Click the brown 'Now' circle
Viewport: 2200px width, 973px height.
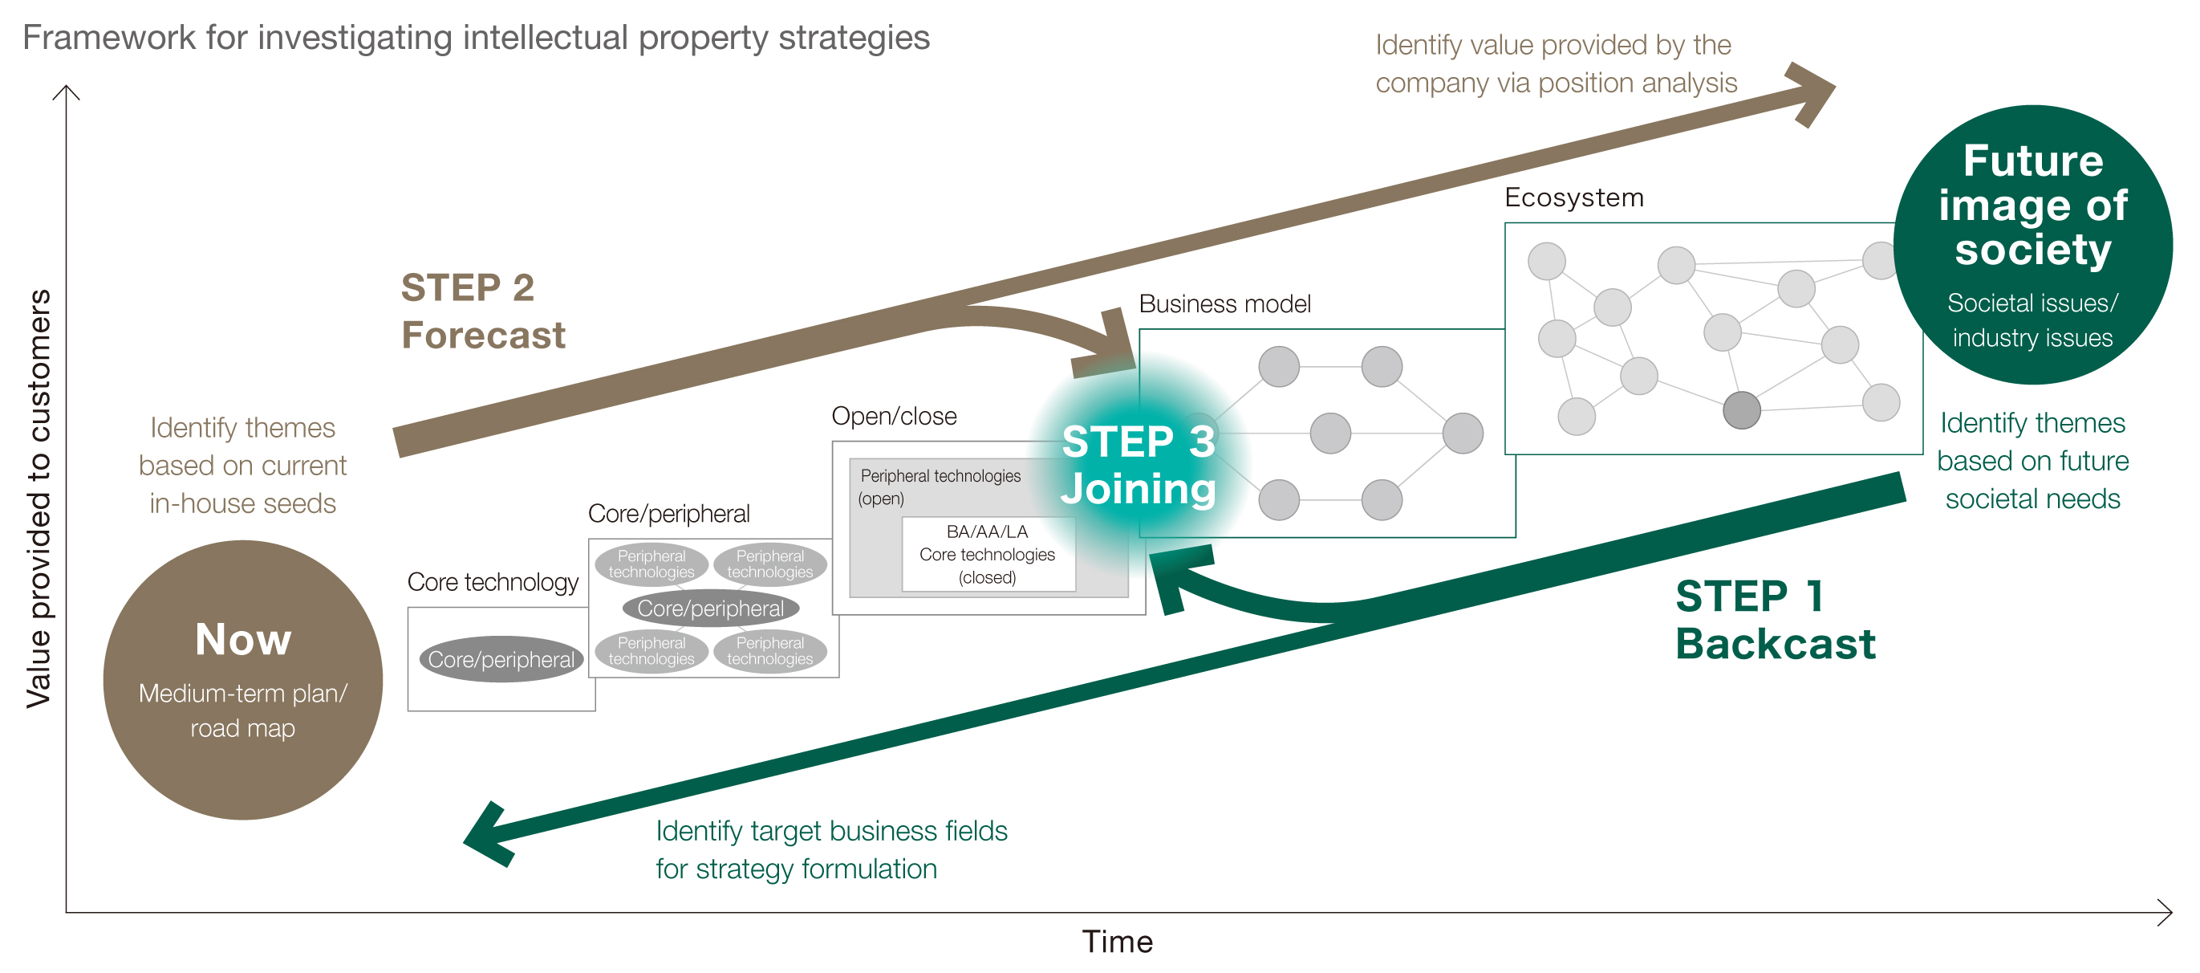[x=242, y=679]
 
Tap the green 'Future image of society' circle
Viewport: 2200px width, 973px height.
[x=2032, y=244]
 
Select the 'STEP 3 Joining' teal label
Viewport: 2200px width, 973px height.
[x=1138, y=466]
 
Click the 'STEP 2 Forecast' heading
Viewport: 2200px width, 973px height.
[x=482, y=311]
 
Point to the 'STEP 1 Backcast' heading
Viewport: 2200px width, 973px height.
[x=1774, y=619]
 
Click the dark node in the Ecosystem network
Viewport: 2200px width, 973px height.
[x=1741, y=410]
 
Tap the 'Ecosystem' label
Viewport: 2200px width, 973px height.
[x=1573, y=197]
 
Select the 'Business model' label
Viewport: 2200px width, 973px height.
[x=1224, y=304]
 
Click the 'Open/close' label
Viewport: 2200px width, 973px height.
[x=893, y=416]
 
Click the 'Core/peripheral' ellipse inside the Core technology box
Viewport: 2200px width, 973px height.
[x=501, y=659]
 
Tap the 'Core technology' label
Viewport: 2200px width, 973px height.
[x=493, y=583]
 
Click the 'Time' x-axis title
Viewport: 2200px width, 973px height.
[x=1117, y=942]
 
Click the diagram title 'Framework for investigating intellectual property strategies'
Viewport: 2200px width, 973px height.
[x=476, y=38]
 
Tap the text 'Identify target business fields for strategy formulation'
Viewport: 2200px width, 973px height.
[x=831, y=849]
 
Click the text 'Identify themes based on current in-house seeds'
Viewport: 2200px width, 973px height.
[x=242, y=466]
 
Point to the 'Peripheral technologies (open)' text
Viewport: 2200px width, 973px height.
[x=940, y=486]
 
